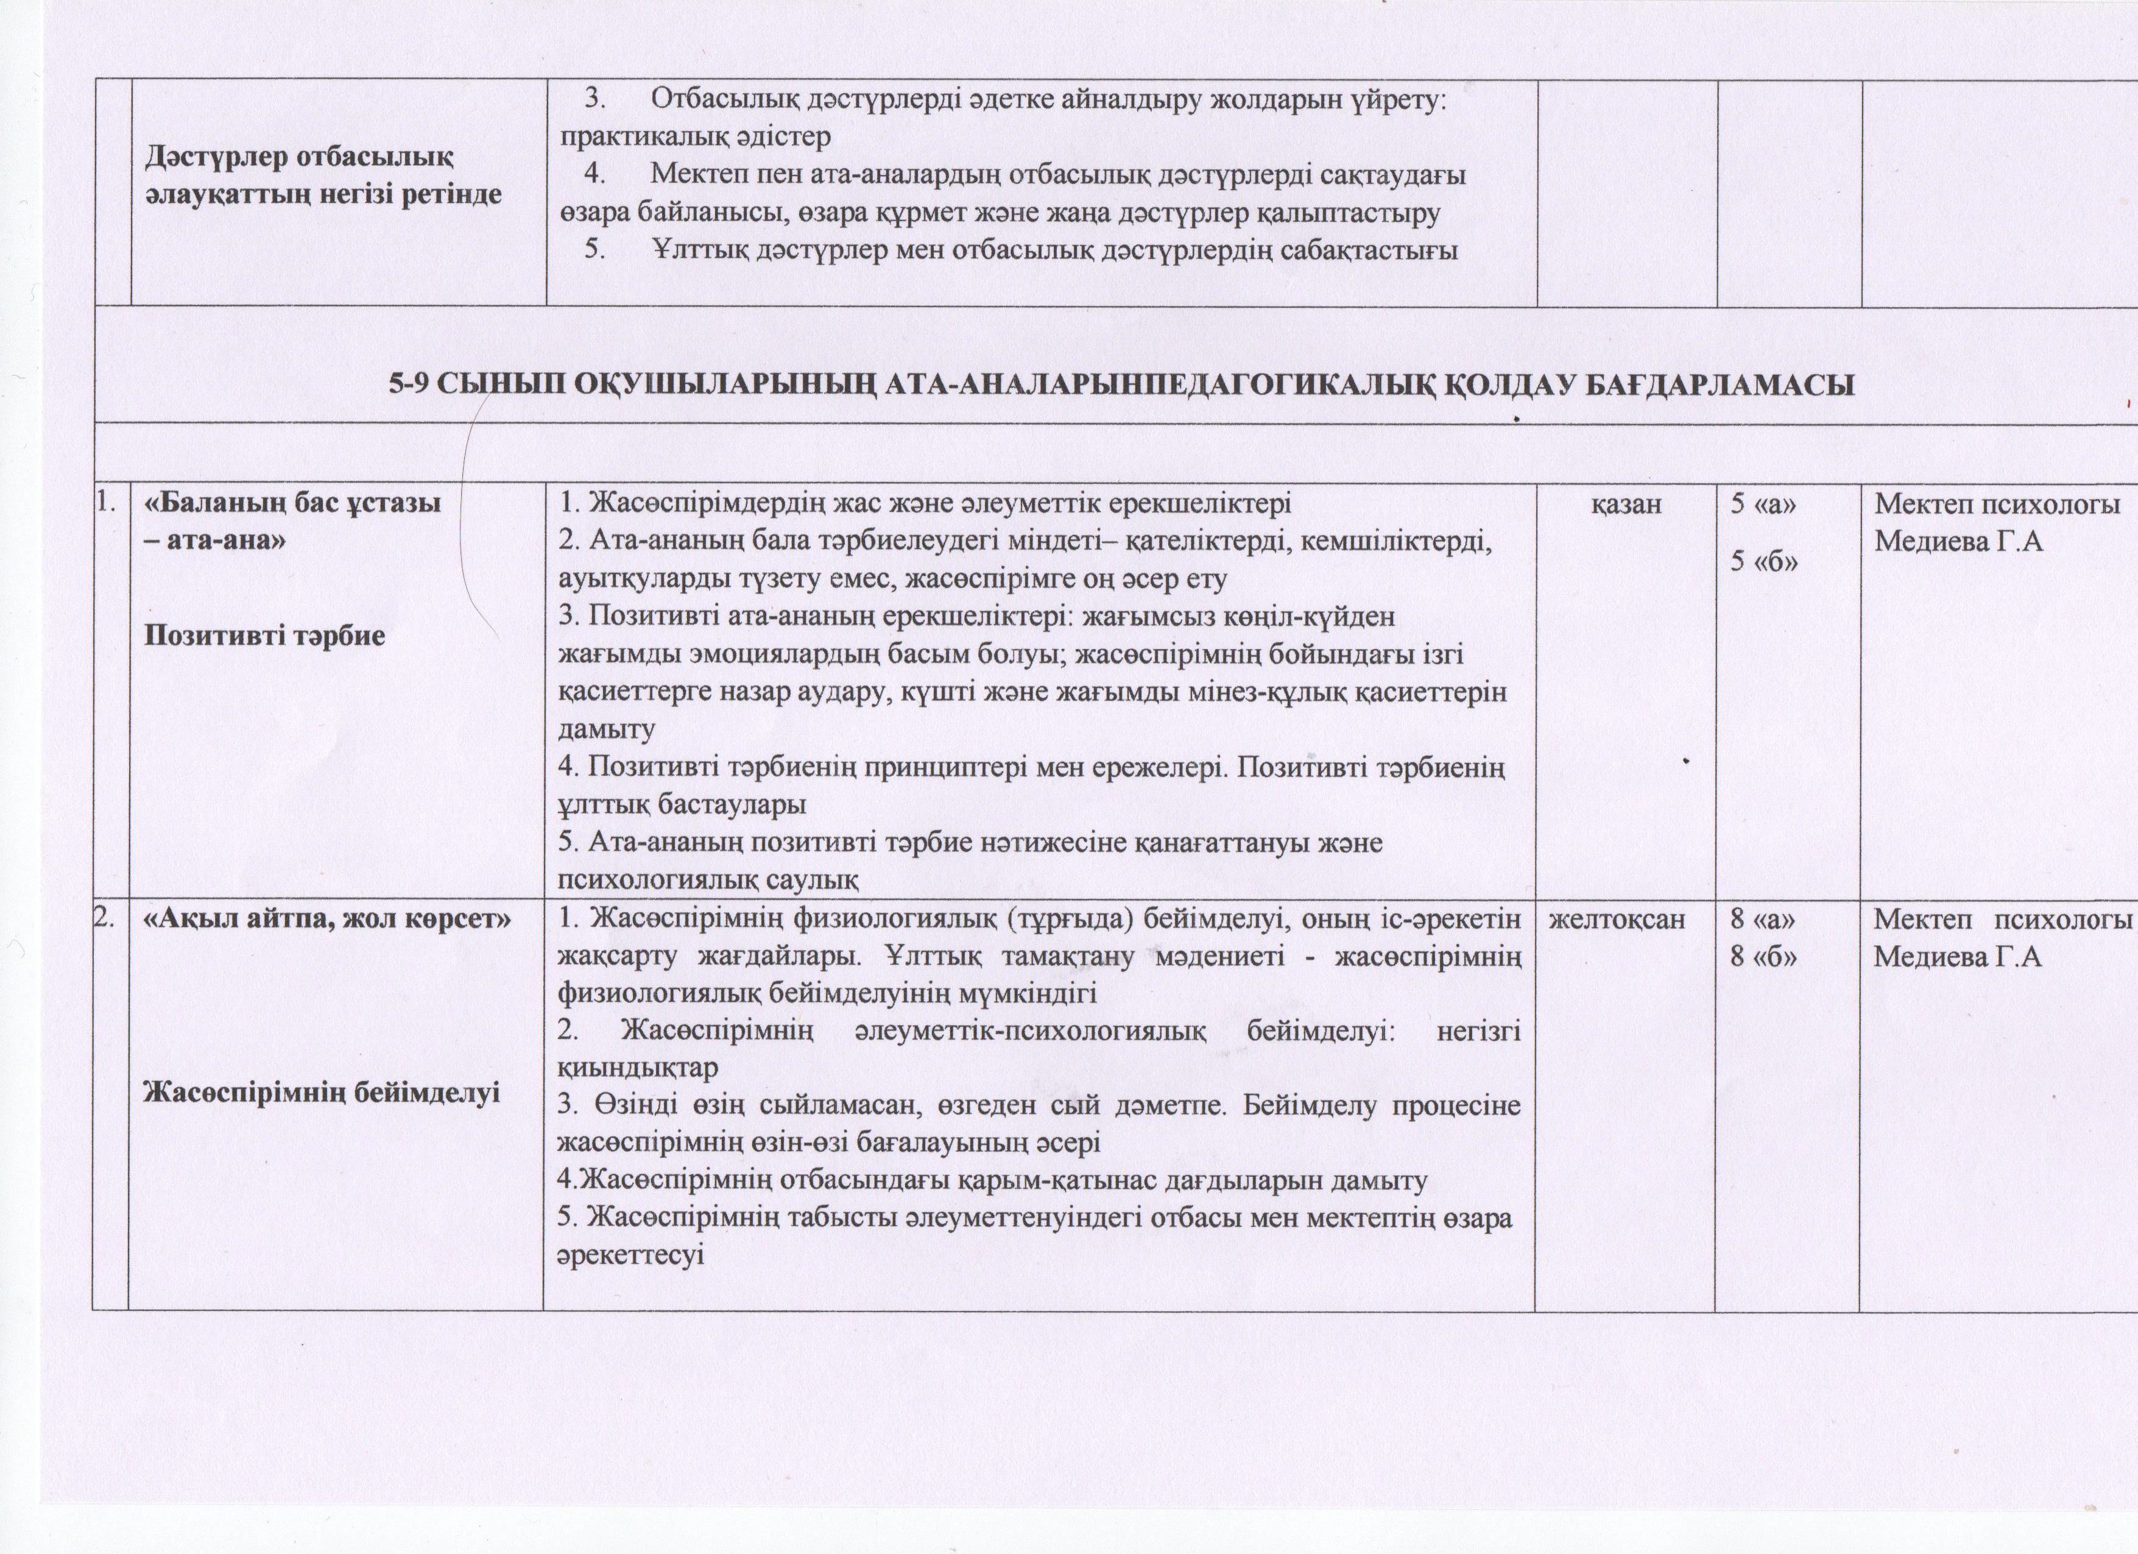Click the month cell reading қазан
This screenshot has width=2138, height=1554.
click(x=1626, y=505)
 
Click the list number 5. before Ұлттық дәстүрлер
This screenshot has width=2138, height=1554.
click(x=596, y=251)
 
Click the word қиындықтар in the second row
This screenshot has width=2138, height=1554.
click(x=637, y=1068)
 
